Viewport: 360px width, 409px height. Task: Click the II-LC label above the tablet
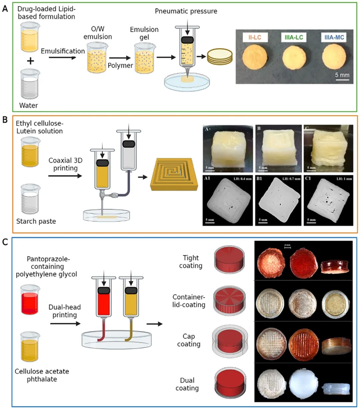[x=254, y=37]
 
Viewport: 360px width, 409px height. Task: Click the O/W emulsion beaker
[x=97, y=58]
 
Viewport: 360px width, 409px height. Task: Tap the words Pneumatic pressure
[x=186, y=11]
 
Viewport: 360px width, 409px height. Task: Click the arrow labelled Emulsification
[x=62, y=58]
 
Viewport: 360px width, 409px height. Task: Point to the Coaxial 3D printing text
[x=65, y=164]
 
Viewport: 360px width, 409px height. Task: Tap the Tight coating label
[x=190, y=262]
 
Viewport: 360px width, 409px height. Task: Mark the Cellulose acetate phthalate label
[x=42, y=375]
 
